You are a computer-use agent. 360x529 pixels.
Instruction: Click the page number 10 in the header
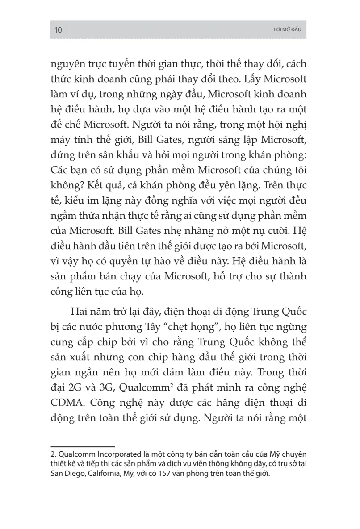[58, 30]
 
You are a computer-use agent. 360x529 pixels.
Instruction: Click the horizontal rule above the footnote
[83, 446]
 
